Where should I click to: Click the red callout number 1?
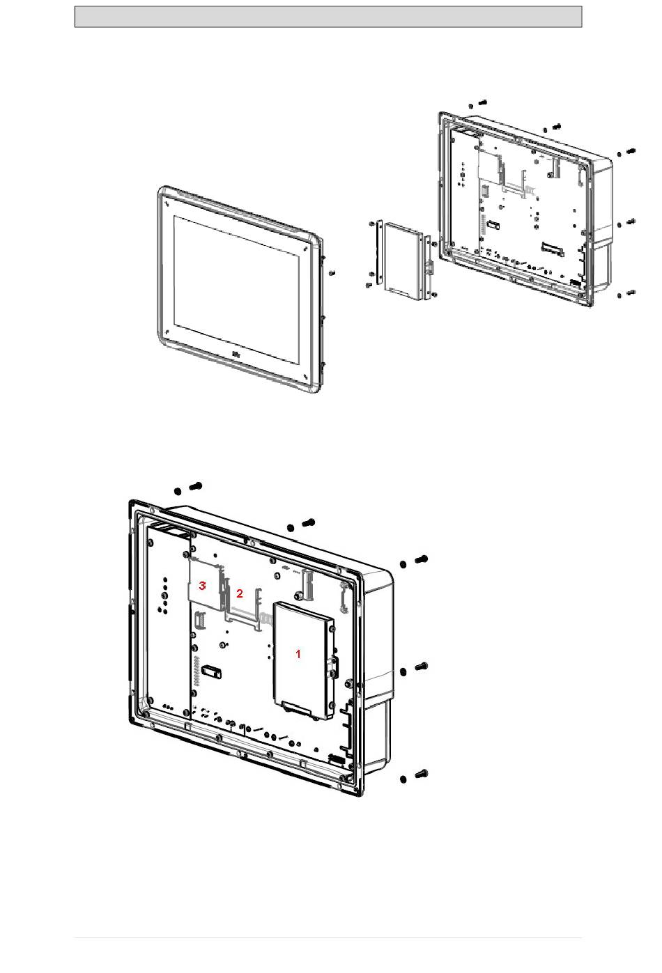tap(298, 654)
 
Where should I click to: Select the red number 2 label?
tap(240, 593)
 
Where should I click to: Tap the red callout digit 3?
tap(202, 586)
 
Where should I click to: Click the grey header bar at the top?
tap(328, 17)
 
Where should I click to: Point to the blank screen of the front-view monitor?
tap(237, 289)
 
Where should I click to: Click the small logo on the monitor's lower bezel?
tap(236, 355)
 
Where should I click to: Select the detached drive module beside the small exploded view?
tap(403, 260)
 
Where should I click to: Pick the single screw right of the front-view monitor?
tap(332, 273)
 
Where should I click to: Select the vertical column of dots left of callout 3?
tap(164, 595)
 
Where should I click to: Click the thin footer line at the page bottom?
tap(328, 937)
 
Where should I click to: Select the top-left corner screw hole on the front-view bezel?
tap(167, 203)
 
